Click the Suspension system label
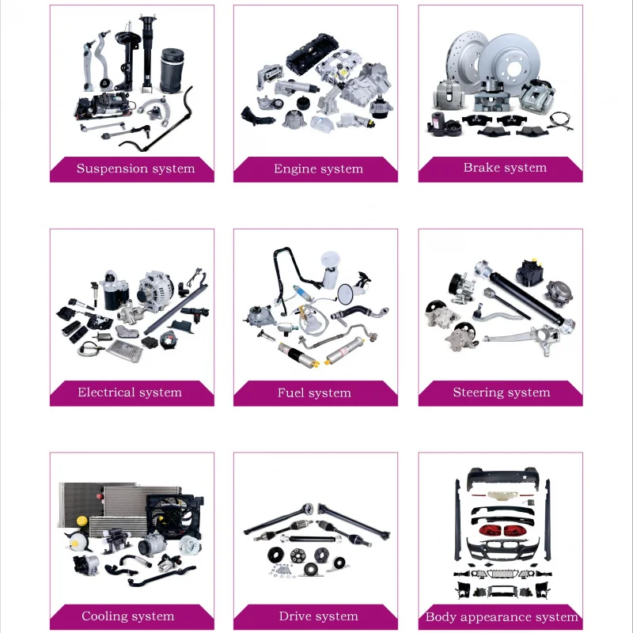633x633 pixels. [135, 169]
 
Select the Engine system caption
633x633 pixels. [318, 169]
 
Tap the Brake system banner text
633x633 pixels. [505, 168]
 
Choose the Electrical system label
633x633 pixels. [130, 392]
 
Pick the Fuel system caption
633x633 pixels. [314, 392]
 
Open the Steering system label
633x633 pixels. [501, 392]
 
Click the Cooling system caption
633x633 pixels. [127, 616]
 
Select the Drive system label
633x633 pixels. [318, 616]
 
